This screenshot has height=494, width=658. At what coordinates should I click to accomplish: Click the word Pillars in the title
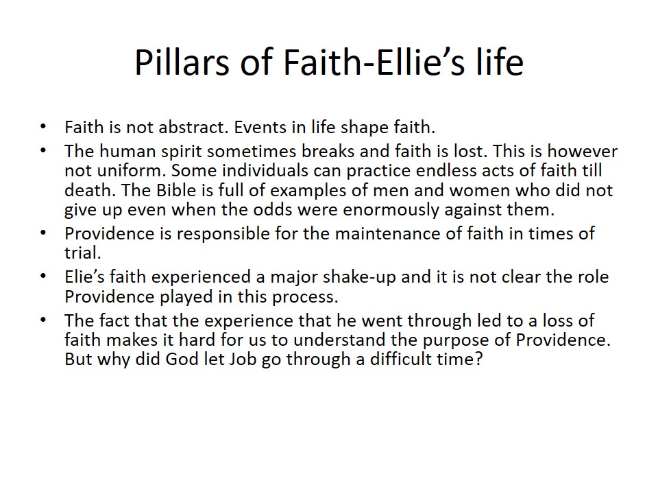(x=182, y=62)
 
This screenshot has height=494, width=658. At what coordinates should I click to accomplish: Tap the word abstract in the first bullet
(x=193, y=127)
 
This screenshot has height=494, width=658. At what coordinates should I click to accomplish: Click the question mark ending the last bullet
(x=479, y=359)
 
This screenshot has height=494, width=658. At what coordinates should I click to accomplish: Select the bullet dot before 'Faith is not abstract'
(x=42, y=126)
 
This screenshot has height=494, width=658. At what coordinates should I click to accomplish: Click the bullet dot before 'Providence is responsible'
(x=42, y=233)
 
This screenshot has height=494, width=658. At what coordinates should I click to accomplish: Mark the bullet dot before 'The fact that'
(x=42, y=320)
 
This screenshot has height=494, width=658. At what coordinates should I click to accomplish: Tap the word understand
(x=339, y=340)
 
